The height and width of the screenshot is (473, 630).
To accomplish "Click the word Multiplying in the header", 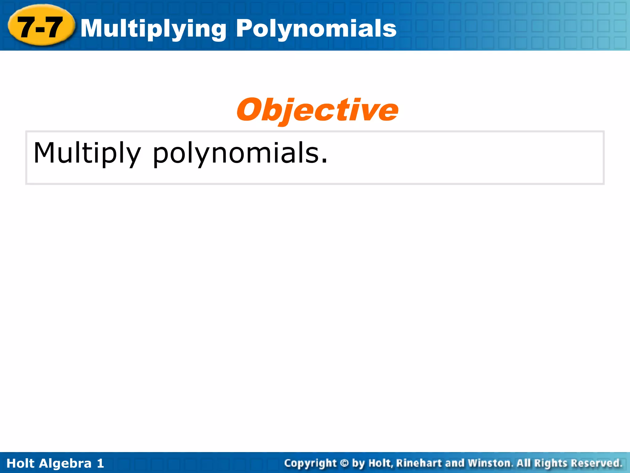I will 153,29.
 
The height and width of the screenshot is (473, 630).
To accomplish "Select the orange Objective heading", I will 317,110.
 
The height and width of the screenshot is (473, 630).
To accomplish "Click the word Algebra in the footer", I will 66,463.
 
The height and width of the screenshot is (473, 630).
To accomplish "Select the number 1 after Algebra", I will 100,463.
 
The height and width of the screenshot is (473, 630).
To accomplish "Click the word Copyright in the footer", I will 310,463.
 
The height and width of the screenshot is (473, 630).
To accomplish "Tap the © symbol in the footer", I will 345,463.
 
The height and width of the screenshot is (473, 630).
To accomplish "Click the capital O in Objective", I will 250,110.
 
